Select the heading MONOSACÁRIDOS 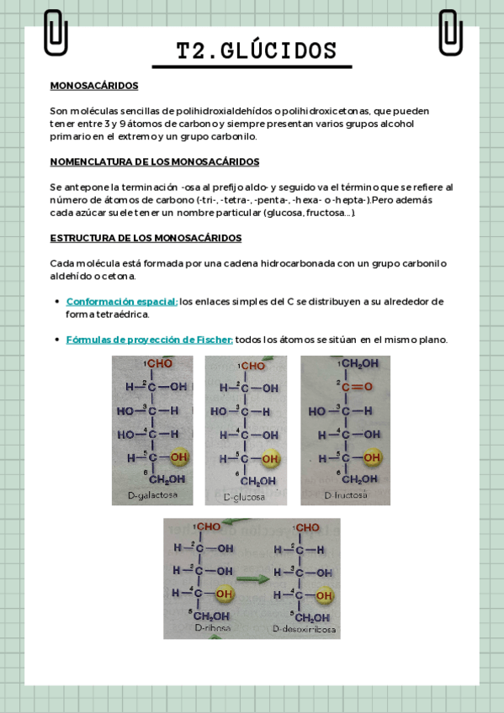click(94, 86)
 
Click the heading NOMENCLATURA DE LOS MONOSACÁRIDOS click(155, 161)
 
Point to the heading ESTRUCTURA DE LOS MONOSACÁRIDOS click(146, 238)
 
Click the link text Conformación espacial click(122, 301)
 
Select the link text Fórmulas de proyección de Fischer click(150, 340)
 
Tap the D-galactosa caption click(153, 495)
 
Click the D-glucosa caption click(244, 497)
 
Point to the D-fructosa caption click(346, 495)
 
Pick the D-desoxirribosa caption click(305, 628)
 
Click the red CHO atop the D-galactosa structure click(159, 364)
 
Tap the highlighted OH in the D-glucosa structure click(270, 458)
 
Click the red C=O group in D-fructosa click(359, 388)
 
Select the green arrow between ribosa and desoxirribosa click(252, 578)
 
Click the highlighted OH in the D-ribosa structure click(224, 594)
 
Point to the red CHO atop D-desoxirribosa click(307, 528)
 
